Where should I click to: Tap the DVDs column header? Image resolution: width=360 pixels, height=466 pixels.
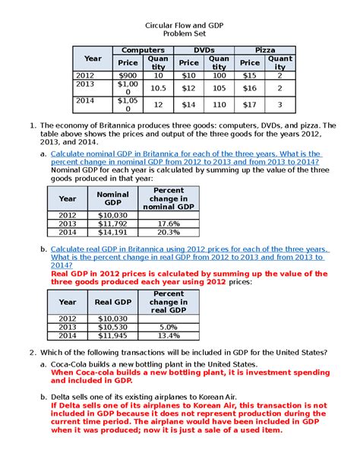point(203,49)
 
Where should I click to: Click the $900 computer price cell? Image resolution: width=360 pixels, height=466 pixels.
point(128,76)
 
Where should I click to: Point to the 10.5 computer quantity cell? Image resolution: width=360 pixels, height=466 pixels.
point(158,88)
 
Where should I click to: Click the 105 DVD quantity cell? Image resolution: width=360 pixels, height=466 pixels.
point(219,88)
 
